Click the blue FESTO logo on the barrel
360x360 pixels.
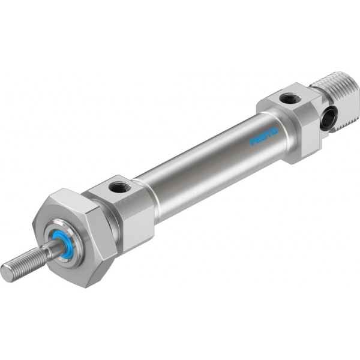[264, 137]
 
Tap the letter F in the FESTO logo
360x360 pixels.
[253, 142]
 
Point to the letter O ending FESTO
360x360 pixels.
[275, 131]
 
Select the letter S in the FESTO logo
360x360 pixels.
[263, 137]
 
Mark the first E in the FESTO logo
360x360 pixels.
[258, 140]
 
